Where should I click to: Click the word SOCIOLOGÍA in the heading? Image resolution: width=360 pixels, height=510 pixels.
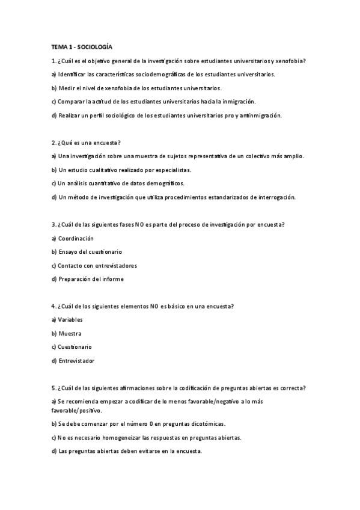pos(95,46)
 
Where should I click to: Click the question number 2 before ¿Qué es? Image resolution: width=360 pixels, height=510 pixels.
pos(53,143)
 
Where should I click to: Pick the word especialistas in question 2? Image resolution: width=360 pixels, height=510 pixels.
pos(172,170)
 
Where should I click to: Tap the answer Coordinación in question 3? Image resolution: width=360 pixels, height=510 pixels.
pos(76,238)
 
